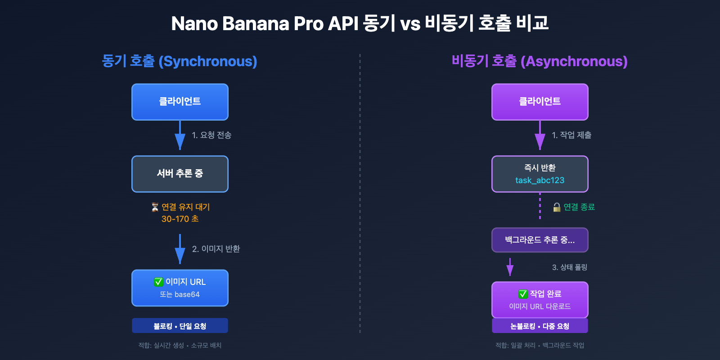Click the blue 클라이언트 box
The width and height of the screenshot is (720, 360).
coord(180,102)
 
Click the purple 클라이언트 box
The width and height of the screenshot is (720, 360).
coord(540,102)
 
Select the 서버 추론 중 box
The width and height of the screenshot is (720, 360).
coord(180,174)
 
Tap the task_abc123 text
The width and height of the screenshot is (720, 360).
coord(540,180)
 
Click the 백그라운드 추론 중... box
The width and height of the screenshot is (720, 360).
coord(540,240)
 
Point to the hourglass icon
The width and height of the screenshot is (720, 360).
coord(155,207)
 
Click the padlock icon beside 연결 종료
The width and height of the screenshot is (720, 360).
coord(557,207)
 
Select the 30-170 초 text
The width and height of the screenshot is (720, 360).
coord(180,219)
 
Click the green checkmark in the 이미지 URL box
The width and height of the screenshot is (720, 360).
coord(158,282)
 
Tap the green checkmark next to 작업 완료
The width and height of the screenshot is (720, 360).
coord(523,294)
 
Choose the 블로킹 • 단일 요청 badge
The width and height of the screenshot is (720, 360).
coord(180,326)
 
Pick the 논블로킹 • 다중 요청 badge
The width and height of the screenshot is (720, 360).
coord(540,326)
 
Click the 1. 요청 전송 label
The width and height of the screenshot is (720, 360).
coord(211,135)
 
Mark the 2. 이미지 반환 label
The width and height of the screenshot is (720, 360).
coord(216,249)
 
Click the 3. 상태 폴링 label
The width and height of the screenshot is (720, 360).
coord(569,267)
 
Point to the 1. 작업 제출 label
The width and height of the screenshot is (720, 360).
coord(571,135)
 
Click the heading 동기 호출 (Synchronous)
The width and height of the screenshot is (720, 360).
coord(180,61)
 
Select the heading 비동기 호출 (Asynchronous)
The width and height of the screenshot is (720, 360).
coord(540,61)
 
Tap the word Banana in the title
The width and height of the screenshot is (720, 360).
coord(255,24)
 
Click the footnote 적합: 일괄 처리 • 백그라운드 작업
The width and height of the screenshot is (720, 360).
coord(540,345)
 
